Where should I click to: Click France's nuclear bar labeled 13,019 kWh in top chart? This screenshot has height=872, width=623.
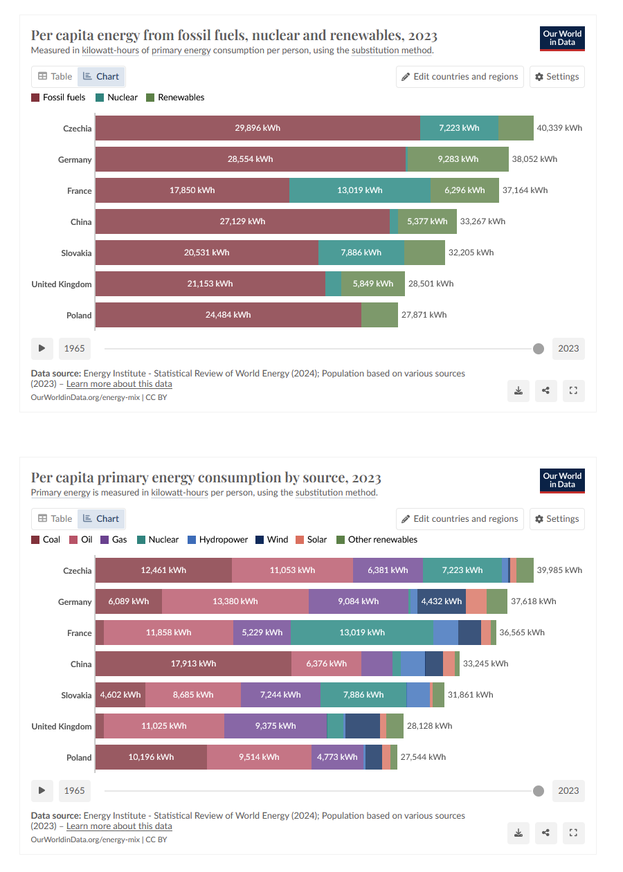tap(359, 190)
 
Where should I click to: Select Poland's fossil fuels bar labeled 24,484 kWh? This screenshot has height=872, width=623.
tap(228, 315)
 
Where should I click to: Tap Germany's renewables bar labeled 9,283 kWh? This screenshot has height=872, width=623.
tap(458, 159)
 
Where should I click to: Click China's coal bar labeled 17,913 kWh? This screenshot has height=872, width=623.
tap(193, 664)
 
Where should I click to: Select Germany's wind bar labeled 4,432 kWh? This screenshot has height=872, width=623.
tap(441, 601)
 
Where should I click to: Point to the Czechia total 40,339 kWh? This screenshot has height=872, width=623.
tap(559, 128)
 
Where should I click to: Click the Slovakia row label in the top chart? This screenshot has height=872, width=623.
tap(76, 253)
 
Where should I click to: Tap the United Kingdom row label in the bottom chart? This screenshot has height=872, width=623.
tap(62, 726)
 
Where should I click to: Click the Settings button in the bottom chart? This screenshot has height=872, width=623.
tap(557, 518)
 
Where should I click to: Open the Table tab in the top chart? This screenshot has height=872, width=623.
tap(55, 76)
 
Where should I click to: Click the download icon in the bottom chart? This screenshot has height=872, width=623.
tap(518, 833)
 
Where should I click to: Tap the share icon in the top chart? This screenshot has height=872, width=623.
tap(545, 390)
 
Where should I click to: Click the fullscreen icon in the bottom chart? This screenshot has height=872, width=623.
tap(572, 833)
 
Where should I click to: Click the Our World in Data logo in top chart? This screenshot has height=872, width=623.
tap(562, 38)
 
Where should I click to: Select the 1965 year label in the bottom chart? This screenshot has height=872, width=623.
tap(74, 790)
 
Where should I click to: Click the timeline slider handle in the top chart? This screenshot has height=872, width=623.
tap(539, 348)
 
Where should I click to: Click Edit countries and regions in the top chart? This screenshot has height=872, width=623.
tap(459, 76)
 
